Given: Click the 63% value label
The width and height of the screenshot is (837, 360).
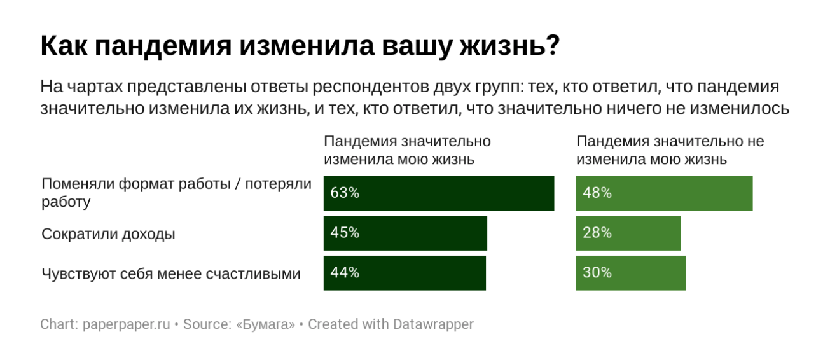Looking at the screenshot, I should (345, 193).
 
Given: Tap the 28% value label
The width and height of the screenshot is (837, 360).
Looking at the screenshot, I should (597, 233).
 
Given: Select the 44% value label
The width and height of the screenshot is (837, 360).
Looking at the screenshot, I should (345, 273).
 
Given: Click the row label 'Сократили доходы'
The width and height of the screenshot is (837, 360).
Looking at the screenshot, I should (108, 234).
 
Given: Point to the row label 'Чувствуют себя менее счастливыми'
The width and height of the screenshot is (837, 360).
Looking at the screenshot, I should (170, 273).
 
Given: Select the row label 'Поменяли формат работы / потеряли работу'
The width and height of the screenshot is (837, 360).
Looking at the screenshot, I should (176, 193).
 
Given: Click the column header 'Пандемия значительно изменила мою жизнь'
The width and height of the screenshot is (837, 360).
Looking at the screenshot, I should (407, 150).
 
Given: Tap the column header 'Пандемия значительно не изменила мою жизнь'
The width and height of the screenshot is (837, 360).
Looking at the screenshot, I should (670, 150).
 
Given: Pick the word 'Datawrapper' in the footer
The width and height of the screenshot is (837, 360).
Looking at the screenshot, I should (434, 324).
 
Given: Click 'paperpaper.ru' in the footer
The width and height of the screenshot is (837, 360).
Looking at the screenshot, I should (127, 324).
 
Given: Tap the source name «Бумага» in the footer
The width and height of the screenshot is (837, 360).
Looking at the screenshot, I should (265, 324).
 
